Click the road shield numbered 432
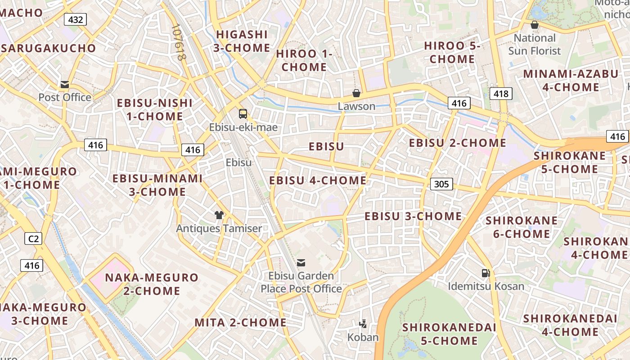pos(75,19)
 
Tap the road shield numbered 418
pos(500,94)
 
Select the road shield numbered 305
pos(441,184)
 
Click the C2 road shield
pos(33,238)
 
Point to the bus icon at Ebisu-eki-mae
pos(243,114)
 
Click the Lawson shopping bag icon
pos(356,93)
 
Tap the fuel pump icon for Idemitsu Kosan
pos(486,273)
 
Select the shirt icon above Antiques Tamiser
pos(219,215)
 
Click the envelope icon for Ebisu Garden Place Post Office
pos(301,262)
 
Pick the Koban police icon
pos(363,324)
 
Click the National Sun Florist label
pos(535,44)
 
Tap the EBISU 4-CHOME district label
pos(318,180)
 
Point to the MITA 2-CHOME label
pos(240,322)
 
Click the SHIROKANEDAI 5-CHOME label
pos(449,334)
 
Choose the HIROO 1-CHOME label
pos(304,60)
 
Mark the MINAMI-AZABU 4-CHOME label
pos(571,80)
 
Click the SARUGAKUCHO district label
pos(48,48)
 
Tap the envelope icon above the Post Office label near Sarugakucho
pos(65,85)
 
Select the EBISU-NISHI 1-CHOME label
pos(155,109)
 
